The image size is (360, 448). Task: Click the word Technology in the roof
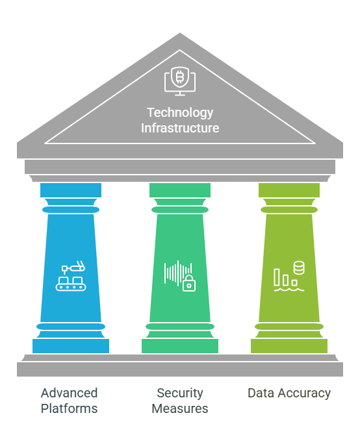[180, 113]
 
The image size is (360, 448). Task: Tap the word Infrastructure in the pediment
[180, 128]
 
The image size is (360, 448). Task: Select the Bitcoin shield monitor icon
[180, 81]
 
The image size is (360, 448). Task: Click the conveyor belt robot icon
[71, 276]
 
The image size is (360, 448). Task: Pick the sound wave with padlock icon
[180, 276]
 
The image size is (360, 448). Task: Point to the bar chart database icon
[289, 276]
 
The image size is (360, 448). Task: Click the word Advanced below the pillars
[69, 393]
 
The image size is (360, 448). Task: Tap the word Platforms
[69, 408]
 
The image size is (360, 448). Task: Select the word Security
[180, 393]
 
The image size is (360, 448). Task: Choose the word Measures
[180, 408]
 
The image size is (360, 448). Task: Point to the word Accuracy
[304, 393]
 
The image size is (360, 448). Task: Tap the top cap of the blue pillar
[71, 190]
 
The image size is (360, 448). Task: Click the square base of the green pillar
[180, 346]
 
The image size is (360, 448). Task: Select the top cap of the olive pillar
[289, 190]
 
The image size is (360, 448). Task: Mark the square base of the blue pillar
[71, 346]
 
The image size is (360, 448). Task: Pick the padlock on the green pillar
[189, 284]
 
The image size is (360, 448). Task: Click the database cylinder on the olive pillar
[299, 268]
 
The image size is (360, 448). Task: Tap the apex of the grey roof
[180, 33]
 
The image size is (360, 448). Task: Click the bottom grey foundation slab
[180, 369]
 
